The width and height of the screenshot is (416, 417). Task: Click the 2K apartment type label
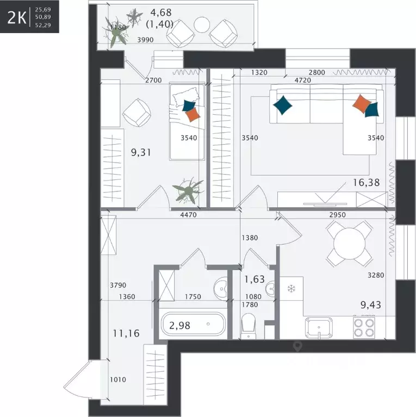(17, 17)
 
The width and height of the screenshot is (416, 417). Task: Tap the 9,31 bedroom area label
(141, 152)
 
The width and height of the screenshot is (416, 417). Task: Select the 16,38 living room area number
(366, 183)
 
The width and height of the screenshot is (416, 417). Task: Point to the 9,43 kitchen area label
(371, 305)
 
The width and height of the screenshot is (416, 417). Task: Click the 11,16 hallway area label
(126, 333)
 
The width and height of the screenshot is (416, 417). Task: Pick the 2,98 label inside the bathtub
(179, 325)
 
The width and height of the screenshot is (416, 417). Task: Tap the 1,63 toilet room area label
(254, 279)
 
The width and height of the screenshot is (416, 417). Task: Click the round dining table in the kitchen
(350, 244)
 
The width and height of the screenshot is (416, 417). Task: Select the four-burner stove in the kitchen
(364, 327)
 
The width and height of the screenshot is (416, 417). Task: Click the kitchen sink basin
(319, 328)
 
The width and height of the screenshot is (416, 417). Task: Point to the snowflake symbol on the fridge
(291, 289)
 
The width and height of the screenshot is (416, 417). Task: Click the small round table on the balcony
(202, 24)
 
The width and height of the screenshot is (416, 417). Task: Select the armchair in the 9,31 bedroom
(136, 113)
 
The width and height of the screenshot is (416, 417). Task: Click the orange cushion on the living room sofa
(362, 104)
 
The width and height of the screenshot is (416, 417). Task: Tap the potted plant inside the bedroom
(188, 190)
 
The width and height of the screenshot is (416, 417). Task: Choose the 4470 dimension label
(188, 215)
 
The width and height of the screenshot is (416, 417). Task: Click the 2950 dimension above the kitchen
(337, 215)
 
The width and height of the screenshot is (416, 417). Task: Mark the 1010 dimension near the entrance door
(118, 379)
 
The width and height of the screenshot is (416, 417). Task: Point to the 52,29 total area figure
(43, 25)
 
